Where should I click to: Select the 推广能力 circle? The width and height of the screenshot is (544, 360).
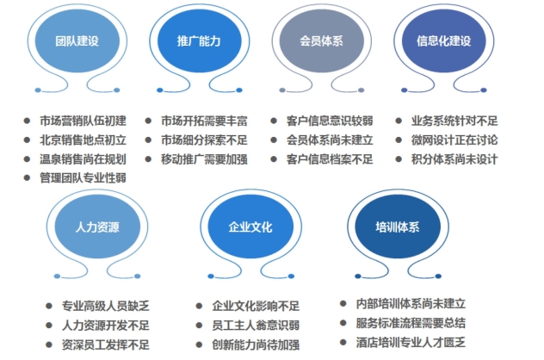coord(196,40)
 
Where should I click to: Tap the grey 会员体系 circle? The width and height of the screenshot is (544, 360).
coord(319,40)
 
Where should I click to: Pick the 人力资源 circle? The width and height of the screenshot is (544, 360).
coord(98,227)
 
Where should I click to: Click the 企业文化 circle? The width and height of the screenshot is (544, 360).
coord(250,227)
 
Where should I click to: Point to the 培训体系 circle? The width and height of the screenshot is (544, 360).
coord(397,227)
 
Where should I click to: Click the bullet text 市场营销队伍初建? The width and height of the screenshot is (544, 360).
coord(83,121)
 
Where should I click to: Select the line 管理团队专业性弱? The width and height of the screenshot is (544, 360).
coord(83,178)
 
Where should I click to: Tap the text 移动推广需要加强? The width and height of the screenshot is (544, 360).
coord(204,159)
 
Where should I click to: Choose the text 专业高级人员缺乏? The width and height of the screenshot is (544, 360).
coord(106,306)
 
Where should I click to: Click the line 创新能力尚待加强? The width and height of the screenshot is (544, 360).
coord(256,344)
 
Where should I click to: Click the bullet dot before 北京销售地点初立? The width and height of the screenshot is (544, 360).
coord(28,140)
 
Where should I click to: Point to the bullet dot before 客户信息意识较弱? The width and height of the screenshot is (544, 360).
coord(274,121)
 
